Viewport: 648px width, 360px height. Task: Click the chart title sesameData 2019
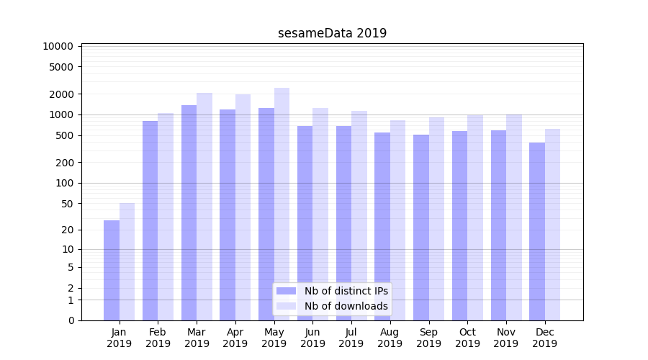pyautogui.click(x=332, y=33)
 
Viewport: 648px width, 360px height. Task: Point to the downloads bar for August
pyautogui.click(x=398, y=220)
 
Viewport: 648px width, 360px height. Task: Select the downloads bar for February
pyautogui.click(x=166, y=217)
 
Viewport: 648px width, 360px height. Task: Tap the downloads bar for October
pyautogui.click(x=475, y=217)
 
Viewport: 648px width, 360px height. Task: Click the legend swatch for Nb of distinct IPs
pyautogui.click(x=286, y=291)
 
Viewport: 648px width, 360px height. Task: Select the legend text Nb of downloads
pyautogui.click(x=346, y=306)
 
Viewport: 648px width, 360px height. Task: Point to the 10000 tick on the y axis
pyautogui.click(x=58, y=46)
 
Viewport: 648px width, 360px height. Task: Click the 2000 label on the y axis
pyautogui.click(x=61, y=94)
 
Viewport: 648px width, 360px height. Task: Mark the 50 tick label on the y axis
pyautogui.click(x=66, y=204)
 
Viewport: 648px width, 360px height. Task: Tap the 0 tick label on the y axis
pyautogui.click(x=71, y=320)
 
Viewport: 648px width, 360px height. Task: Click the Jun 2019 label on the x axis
pyautogui.click(x=312, y=338)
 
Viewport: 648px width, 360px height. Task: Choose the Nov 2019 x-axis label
pyautogui.click(x=506, y=338)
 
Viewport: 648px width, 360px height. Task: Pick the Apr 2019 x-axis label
pyautogui.click(x=235, y=338)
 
